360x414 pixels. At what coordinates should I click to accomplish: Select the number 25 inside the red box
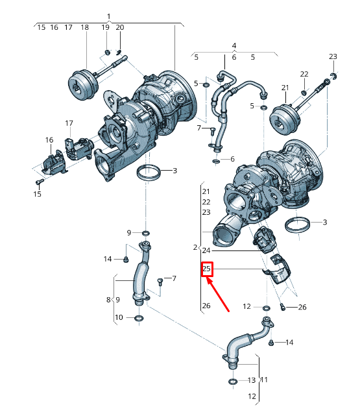point(206,269)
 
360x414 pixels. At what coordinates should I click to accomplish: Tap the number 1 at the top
point(109,17)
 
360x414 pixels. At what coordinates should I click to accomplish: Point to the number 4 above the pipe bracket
point(234,45)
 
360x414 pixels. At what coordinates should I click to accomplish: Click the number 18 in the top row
point(85,27)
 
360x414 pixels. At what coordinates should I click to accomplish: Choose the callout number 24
point(206,250)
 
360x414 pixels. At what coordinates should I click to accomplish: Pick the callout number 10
point(119,317)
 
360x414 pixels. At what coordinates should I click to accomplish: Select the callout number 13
point(252,380)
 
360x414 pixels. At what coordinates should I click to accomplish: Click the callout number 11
point(264,380)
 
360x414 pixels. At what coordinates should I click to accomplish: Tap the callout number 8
point(108,300)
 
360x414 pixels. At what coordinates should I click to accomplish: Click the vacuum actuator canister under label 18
point(84,84)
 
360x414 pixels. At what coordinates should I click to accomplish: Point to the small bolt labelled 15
point(40,182)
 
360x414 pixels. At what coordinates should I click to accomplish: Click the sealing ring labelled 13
point(232,382)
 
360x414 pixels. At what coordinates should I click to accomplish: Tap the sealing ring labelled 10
point(139,318)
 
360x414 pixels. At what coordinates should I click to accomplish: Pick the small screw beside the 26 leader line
point(283,307)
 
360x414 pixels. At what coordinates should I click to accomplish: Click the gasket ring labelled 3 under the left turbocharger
point(149,173)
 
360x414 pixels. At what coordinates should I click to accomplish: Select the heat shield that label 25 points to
point(278,270)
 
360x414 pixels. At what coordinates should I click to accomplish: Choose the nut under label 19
point(108,53)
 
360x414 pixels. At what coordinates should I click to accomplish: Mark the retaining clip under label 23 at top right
point(334,76)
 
